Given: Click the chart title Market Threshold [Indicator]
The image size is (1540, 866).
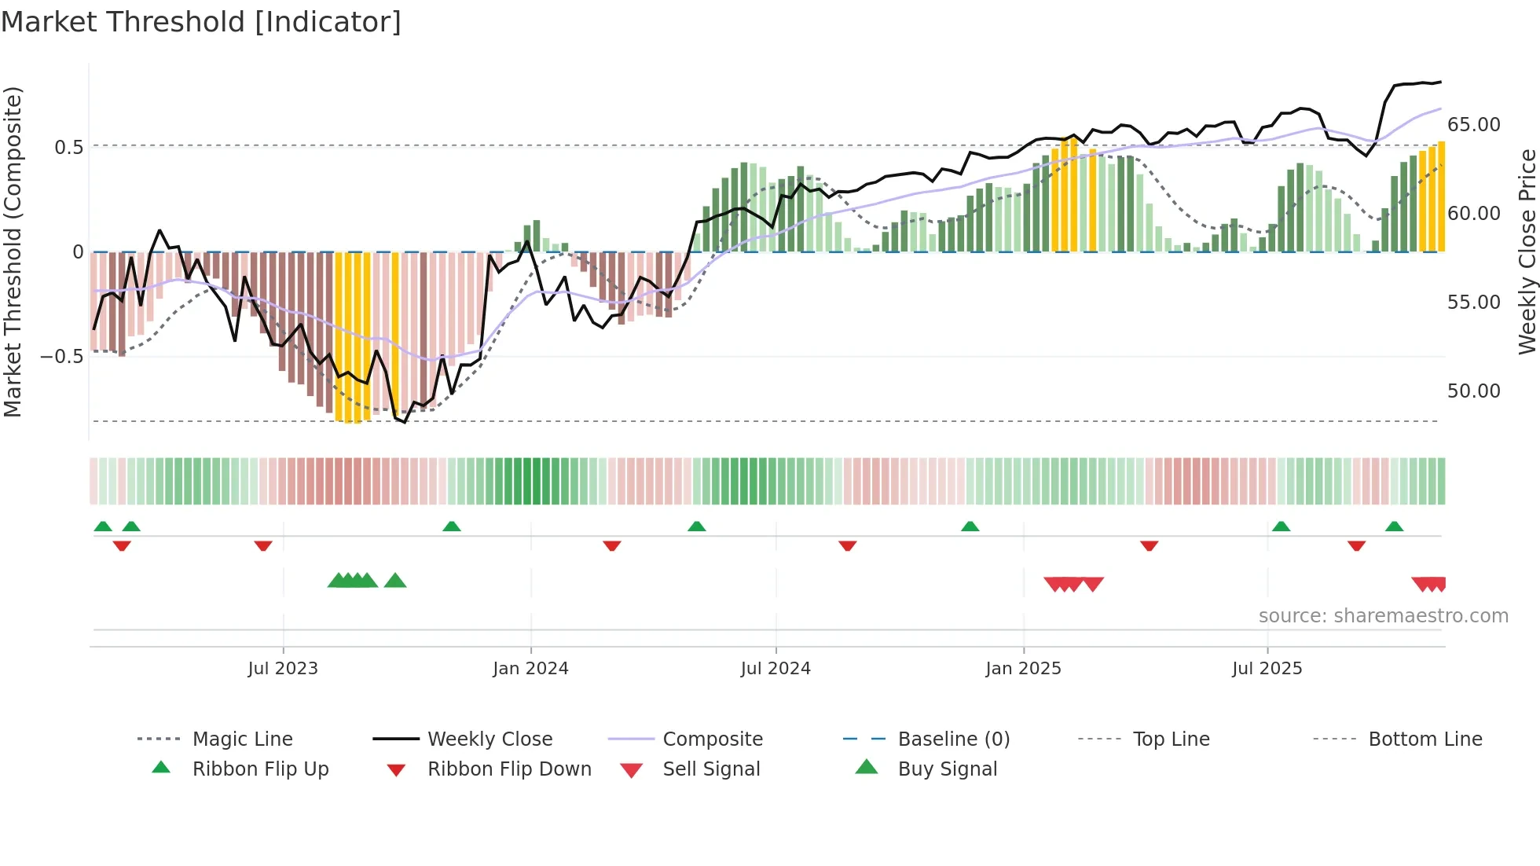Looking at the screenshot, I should (x=201, y=22).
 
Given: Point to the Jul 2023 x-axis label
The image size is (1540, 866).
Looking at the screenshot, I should (x=283, y=669).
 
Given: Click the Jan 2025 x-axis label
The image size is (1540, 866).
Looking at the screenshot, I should (x=1023, y=669).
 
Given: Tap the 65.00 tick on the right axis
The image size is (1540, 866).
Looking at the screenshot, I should (x=1473, y=125).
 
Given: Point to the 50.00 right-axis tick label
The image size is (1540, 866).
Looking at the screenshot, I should (x=1473, y=391).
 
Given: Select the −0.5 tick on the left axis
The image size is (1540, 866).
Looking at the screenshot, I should (x=62, y=357).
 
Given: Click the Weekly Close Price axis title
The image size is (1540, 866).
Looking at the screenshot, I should (x=1527, y=251).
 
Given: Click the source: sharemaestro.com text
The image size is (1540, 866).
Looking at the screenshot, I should (x=1383, y=615).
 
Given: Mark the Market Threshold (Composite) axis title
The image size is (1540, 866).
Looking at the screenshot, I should (x=13, y=251).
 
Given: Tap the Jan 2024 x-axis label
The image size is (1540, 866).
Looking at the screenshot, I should (x=530, y=669).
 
